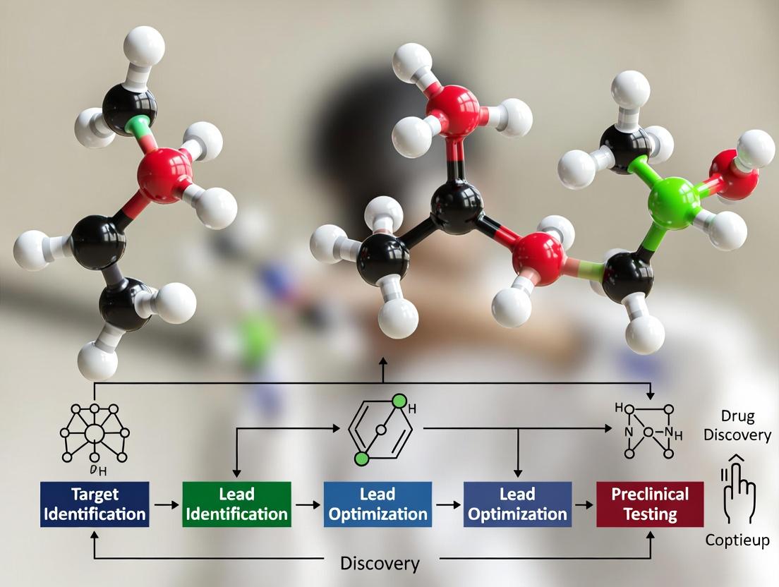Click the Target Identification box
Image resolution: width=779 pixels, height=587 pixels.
point(95,504)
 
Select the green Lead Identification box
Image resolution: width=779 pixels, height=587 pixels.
point(236,504)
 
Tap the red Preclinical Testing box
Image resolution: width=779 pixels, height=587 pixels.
point(650,504)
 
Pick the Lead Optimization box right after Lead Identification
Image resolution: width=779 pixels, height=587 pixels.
point(377,504)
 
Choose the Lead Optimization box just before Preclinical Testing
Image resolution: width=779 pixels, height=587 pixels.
point(517,504)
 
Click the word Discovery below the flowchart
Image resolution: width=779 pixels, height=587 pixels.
point(380,564)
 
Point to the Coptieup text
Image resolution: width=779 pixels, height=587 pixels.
point(738,540)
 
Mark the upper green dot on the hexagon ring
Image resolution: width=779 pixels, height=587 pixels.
point(401,402)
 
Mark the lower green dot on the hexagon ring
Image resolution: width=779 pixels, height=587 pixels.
point(362,459)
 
